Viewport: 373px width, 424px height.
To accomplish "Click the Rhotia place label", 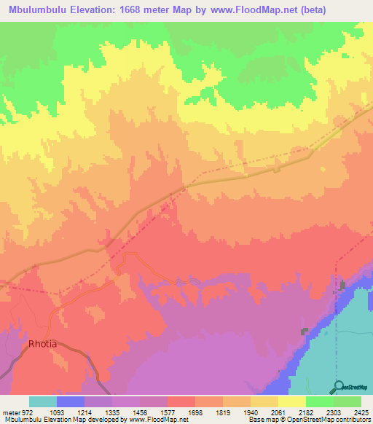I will click(42, 343).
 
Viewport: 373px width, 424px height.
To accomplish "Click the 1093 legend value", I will click(65, 412).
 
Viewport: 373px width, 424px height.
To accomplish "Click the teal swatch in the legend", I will click(42, 401).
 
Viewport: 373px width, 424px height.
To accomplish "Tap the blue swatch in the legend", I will click(70, 401).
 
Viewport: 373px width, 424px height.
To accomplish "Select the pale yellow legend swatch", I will click(291, 401).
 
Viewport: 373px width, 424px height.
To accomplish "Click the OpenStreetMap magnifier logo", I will click(337, 387).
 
